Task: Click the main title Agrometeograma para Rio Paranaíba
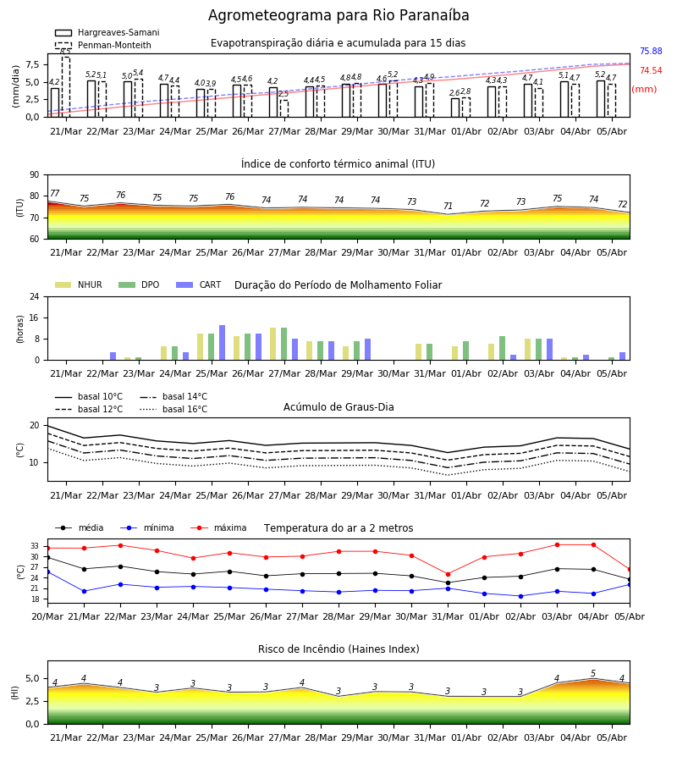[338, 15]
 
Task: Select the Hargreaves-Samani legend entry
[107, 32]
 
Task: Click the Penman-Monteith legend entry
[103, 45]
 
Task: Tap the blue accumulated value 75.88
[651, 51]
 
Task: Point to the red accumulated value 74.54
[651, 70]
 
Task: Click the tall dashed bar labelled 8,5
[65, 87]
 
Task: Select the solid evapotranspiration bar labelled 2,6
[455, 108]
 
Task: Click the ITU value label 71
[448, 206]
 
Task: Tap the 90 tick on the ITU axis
[35, 175]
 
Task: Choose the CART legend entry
[199, 284]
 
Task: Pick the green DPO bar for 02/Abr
[502, 348]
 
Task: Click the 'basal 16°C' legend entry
[173, 409]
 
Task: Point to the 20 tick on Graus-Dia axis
[35, 425]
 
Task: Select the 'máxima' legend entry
[218, 527]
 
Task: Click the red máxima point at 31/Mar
[448, 574]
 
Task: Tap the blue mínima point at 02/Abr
[520, 596]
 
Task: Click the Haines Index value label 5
[593, 674]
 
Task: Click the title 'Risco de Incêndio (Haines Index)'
[338, 649]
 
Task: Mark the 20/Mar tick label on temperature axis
[47, 616]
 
